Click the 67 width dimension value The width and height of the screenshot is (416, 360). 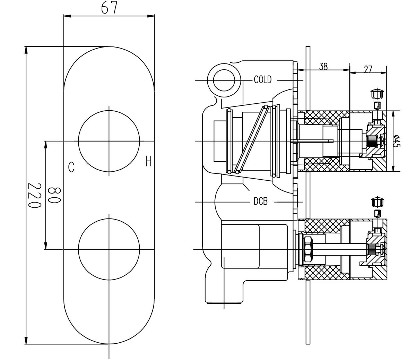tap(109, 7)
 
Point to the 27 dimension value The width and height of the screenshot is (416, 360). tap(368, 69)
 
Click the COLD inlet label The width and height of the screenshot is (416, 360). tap(262, 80)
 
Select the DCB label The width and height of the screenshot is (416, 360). tap(260, 202)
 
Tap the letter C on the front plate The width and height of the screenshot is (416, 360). tap(71, 168)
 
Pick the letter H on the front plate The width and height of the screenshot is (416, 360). tap(148, 162)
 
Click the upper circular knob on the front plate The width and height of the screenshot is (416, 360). tap(109, 141)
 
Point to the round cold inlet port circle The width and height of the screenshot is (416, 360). tap(224, 80)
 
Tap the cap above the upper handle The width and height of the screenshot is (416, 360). tap(378, 93)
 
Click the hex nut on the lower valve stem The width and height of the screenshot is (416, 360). tap(307, 249)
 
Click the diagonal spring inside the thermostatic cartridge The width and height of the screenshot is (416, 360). tap(251, 139)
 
